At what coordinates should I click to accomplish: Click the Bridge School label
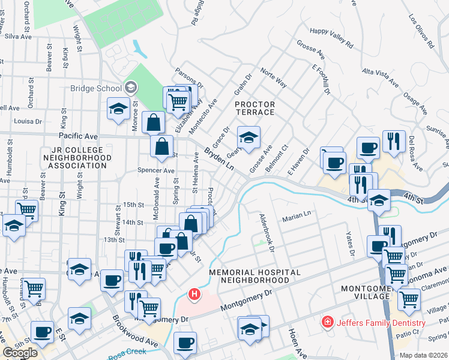click(96, 88)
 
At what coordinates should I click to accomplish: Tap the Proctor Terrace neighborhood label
click(255, 109)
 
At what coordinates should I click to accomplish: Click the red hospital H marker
click(194, 295)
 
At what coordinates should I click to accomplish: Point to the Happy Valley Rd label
click(331, 37)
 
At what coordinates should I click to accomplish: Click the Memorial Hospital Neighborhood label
click(255, 276)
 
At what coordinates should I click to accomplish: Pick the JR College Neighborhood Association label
click(76, 157)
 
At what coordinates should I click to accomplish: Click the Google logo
click(20, 353)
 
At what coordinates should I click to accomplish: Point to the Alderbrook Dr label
click(267, 232)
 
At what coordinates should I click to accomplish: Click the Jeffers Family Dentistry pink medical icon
click(327, 323)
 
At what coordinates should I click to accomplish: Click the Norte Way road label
click(273, 79)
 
